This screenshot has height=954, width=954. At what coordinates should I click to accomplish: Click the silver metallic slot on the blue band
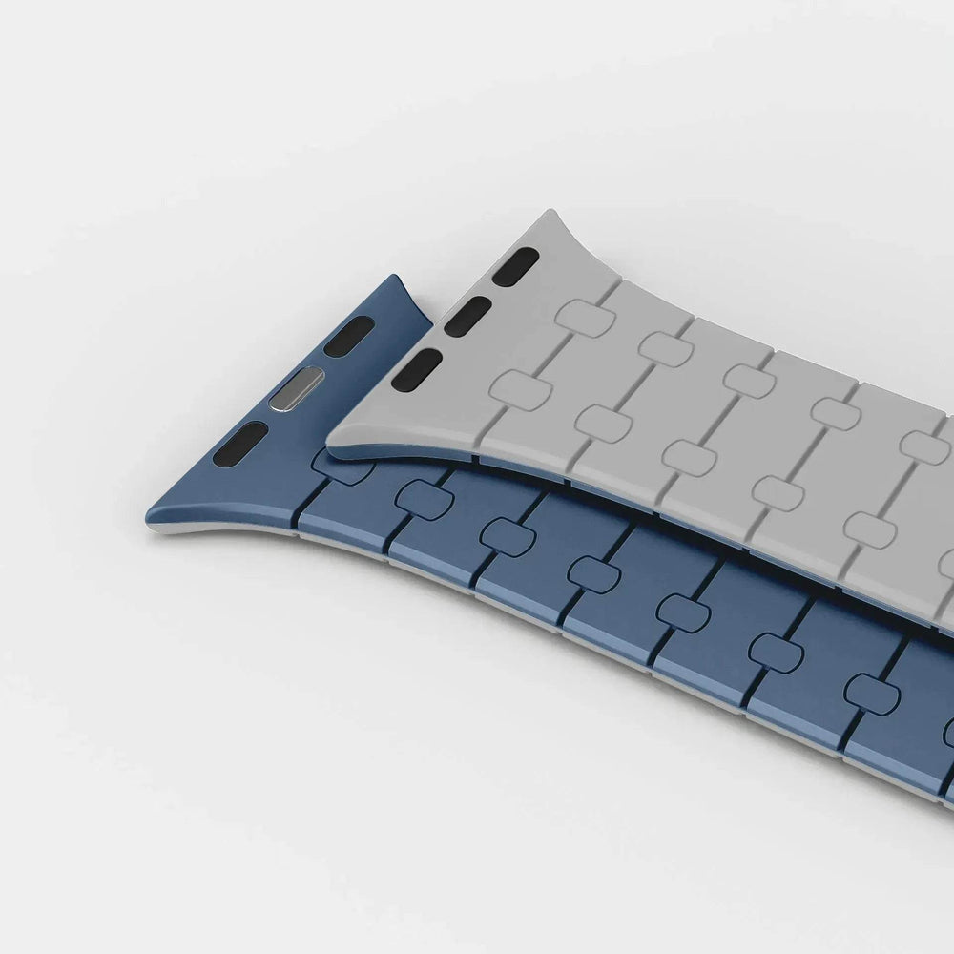click(296, 387)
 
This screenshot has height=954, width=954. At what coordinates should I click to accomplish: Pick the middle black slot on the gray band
click(467, 316)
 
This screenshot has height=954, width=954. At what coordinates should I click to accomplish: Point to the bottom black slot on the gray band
click(417, 369)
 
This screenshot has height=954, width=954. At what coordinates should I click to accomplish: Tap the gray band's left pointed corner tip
click(328, 438)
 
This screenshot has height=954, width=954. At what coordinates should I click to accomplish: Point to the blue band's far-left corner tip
click(147, 522)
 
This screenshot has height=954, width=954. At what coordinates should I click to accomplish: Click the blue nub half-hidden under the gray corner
click(340, 463)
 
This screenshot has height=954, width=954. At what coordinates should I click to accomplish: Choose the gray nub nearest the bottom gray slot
click(521, 390)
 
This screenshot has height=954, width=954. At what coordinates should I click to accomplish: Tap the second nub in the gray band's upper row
click(666, 348)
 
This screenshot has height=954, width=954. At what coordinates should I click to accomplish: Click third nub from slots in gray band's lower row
click(689, 457)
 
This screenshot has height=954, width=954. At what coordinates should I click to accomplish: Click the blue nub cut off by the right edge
click(948, 731)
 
